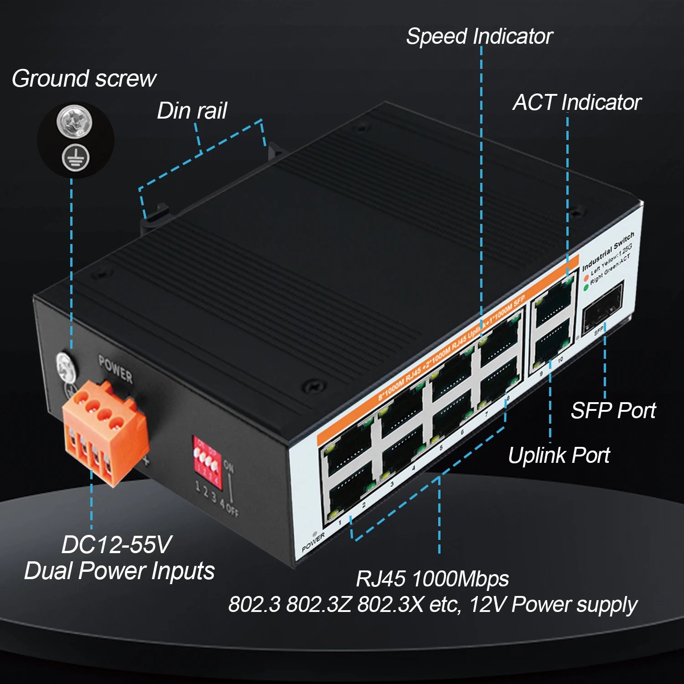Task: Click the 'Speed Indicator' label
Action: [x=479, y=36]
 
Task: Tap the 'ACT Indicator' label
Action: [x=577, y=103]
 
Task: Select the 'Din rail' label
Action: [x=192, y=111]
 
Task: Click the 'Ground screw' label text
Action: [x=84, y=78]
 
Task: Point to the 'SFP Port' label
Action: [x=613, y=410]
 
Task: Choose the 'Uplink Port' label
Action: [x=559, y=455]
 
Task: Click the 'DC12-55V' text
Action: [x=117, y=544]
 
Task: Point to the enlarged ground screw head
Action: [x=74, y=121]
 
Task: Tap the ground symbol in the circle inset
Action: [x=76, y=158]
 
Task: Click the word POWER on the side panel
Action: [x=116, y=369]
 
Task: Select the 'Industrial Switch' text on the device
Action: [x=608, y=251]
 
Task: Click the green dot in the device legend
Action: [x=586, y=288]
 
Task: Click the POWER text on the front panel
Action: [x=313, y=542]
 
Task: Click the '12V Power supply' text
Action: [x=553, y=605]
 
